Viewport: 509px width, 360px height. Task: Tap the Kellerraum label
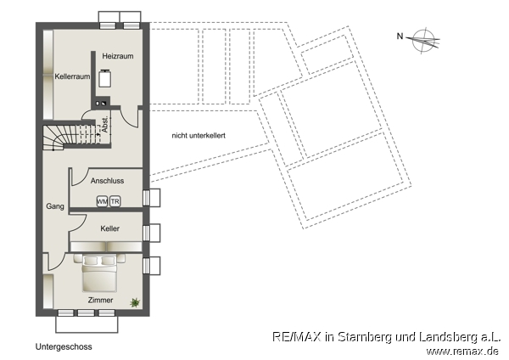pos(72,76)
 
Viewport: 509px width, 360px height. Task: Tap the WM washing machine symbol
pos(102,201)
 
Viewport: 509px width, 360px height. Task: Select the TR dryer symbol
pos(115,201)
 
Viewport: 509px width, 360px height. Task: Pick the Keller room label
pos(109,229)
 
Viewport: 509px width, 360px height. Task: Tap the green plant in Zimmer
pos(135,301)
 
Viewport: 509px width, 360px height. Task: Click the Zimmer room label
pos(100,300)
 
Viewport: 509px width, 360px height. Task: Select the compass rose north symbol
pos(422,37)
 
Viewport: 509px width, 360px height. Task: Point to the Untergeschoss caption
pos(64,347)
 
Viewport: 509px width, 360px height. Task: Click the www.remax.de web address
pos(462,351)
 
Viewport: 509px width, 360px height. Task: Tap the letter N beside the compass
pos(400,36)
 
